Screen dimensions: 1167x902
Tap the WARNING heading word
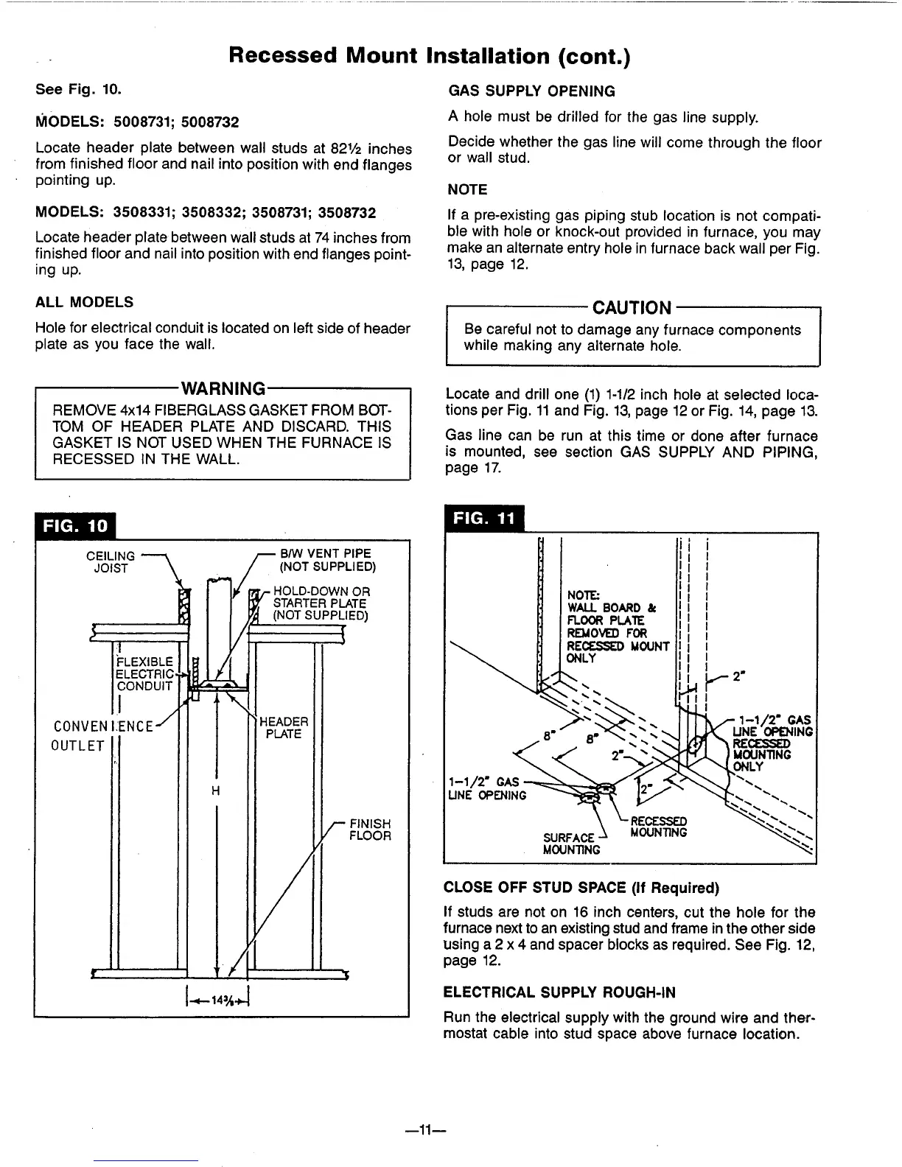coord(223,388)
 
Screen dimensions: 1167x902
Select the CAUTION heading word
coord(632,307)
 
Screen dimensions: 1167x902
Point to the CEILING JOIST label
coord(111,562)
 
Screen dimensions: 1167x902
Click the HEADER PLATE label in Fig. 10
coord(284,728)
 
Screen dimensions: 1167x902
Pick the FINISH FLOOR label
coord(370,830)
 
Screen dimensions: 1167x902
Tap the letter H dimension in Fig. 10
coord(216,791)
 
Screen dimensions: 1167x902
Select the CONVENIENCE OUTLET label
coord(96,736)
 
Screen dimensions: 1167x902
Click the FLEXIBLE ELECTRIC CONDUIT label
coord(144,673)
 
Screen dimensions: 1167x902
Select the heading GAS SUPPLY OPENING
coord(531,91)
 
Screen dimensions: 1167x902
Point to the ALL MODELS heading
coord(84,302)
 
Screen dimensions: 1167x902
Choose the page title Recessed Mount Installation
coord(430,56)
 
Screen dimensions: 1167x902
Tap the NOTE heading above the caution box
coord(467,190)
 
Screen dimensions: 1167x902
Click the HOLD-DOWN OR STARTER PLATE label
coord(321,603)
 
